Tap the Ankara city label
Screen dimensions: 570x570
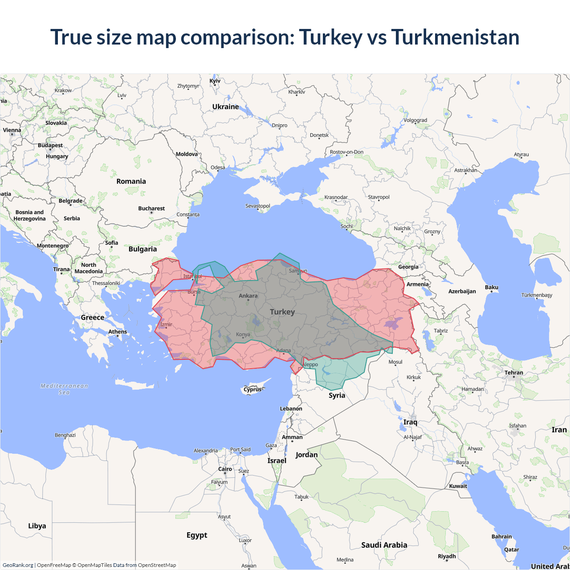248,296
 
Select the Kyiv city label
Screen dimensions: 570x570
215,81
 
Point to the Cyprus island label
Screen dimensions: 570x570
252,389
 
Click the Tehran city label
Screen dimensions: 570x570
513,373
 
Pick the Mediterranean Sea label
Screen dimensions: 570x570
64,389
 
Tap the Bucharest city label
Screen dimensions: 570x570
151,208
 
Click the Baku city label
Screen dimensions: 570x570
492,287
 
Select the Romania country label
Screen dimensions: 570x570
131,181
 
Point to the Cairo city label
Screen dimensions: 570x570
225,469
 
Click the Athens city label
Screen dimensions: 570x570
118,332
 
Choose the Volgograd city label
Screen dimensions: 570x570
415,120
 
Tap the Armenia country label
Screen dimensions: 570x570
417,284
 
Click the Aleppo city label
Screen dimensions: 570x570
310,364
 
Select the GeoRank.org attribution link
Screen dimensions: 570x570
18,565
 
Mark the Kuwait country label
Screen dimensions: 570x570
458,486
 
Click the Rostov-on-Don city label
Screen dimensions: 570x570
346,152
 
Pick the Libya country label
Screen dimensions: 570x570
37,526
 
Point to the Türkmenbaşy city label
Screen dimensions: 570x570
537,295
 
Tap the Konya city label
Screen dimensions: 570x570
243,334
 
